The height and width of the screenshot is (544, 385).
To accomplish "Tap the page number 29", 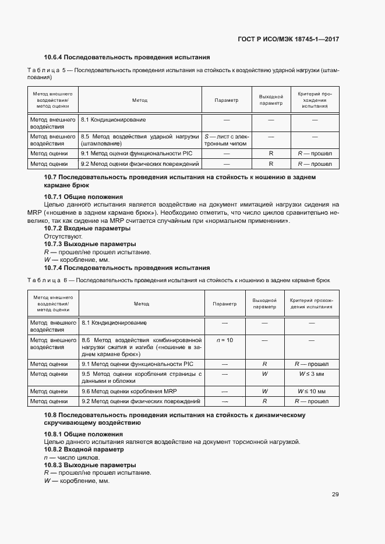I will (335, 495).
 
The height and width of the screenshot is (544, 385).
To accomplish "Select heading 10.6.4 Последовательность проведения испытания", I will (127, 57).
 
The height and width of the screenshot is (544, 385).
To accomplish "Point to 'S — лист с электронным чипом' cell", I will (227, 140).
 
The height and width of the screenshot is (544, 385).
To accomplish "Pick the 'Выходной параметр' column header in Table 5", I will (271, 100).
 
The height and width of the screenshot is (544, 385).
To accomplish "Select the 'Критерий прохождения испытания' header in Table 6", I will (311, 304).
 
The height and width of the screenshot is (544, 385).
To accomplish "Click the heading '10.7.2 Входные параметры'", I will (87, 229).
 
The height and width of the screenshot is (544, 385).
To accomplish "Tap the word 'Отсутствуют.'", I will (63, 237).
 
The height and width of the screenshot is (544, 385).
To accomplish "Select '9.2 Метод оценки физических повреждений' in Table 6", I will (141, 401).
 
